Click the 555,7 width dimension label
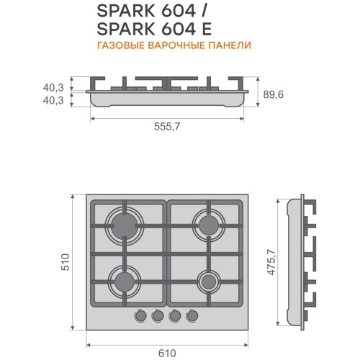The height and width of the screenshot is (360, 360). click(x=167, y=127)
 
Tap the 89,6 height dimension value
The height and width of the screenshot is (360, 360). click(x=274, y=94)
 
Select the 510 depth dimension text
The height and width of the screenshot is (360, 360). click(x=66, y=262)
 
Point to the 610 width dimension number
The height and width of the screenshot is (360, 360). click(x=167, y=354)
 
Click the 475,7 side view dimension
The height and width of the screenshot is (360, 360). click(x=271, y=262)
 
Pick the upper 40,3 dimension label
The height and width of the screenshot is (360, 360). click(x=53, y=88)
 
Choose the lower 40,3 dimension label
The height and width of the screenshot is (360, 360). click(x=53, y=100)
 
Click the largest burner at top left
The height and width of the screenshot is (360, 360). click(x=125, y=226)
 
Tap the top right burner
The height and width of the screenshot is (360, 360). click(x=209, y=226)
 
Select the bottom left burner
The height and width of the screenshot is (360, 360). click(x=125, y=282)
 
